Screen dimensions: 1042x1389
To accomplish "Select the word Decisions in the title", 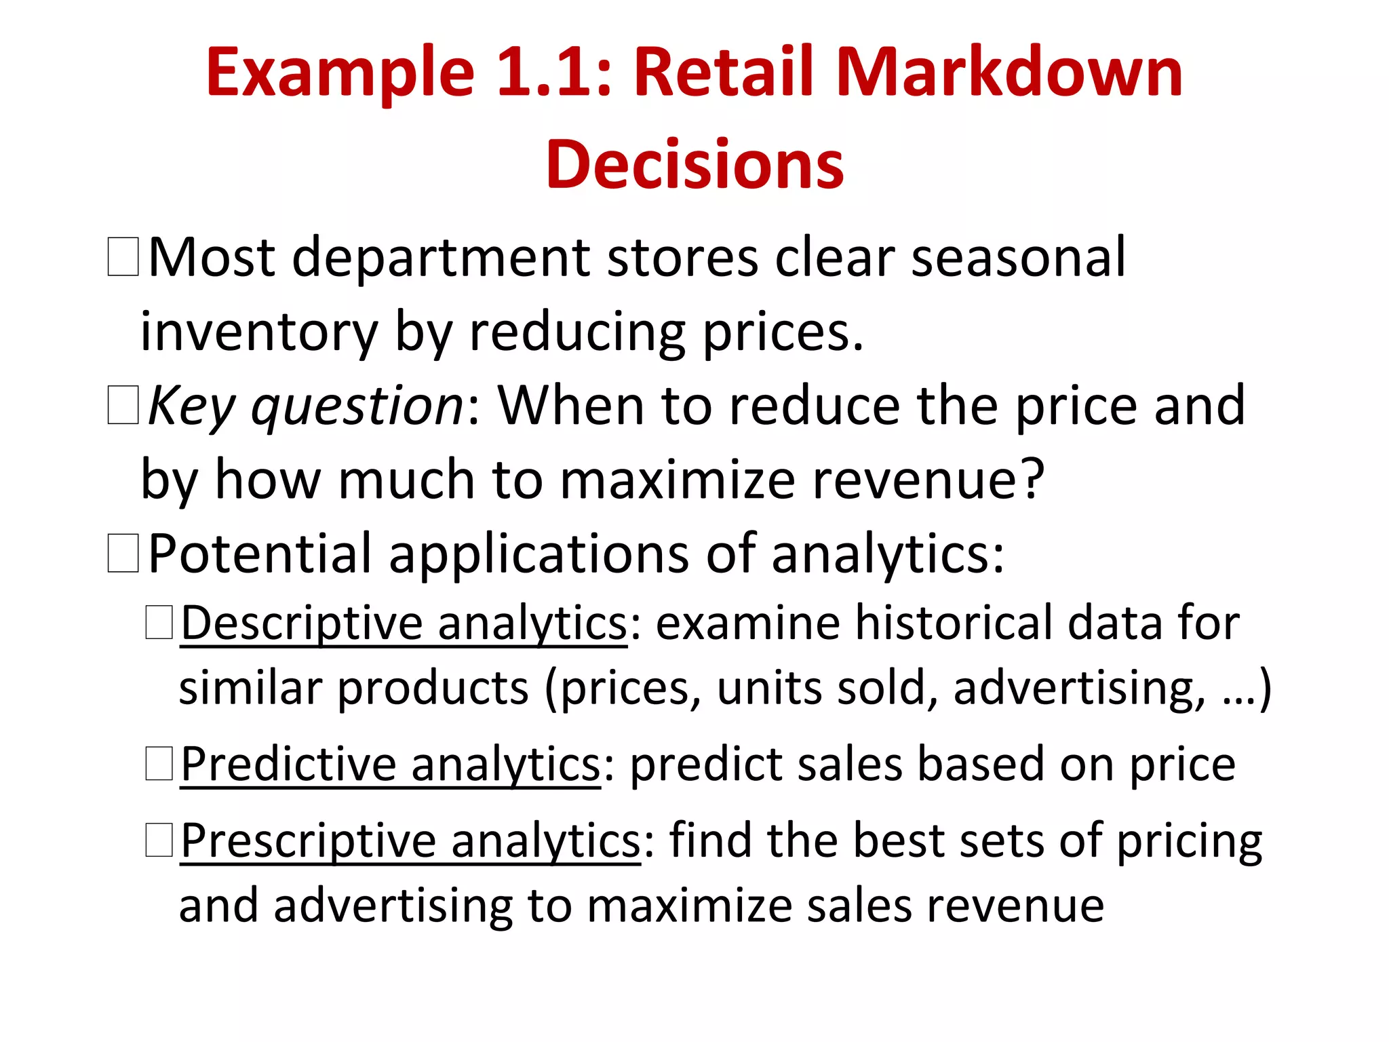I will click(x=694, y=165).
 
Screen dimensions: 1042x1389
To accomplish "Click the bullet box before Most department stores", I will click(x=123, y=256).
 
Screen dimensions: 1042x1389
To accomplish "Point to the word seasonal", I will click(x=1018, y=258).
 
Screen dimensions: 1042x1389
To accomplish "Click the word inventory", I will click(x=258, y=332).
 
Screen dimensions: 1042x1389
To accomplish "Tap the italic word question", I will click(x=357, y=406).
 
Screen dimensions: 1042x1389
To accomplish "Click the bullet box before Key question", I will click(x=123, y=405).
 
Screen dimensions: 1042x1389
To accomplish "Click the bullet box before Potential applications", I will click(x=123, y=553).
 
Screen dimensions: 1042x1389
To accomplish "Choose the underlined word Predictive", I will click(x=288, y=765).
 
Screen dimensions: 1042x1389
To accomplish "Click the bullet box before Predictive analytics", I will click(x=159, y=764).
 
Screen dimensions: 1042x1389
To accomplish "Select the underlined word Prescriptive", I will click(x=309, y=841).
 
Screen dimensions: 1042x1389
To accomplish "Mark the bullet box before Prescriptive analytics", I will click(x=159, y=840).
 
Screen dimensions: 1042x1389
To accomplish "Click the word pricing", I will click(x=1189, y=841).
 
